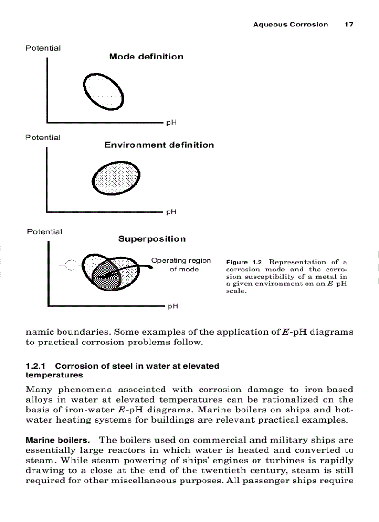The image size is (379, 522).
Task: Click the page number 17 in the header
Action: [x=348, y=25]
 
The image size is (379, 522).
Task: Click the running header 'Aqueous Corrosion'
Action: [x=290, y=25]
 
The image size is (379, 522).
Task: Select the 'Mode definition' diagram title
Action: [x=146, y=57]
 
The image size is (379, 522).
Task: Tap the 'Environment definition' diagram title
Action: [x=159, y=145]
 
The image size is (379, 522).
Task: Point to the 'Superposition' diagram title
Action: [x=152, y=239]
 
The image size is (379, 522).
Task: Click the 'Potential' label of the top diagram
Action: [x=43, y=48]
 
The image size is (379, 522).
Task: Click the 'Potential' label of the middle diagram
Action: [x=43, y=138]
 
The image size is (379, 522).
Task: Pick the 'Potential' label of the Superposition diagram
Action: [x=45, y=232]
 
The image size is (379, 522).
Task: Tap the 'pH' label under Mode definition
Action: [x=171, y=123]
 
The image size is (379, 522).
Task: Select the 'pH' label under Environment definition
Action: [x=171, y=212]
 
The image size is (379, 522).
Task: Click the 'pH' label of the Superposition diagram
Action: [x=173, y=306]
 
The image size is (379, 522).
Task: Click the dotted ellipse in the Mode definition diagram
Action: [x=104, y=92]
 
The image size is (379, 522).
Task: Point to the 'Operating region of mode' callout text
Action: [x=182, y=265]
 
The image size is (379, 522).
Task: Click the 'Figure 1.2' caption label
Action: [x=244, y=263]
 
